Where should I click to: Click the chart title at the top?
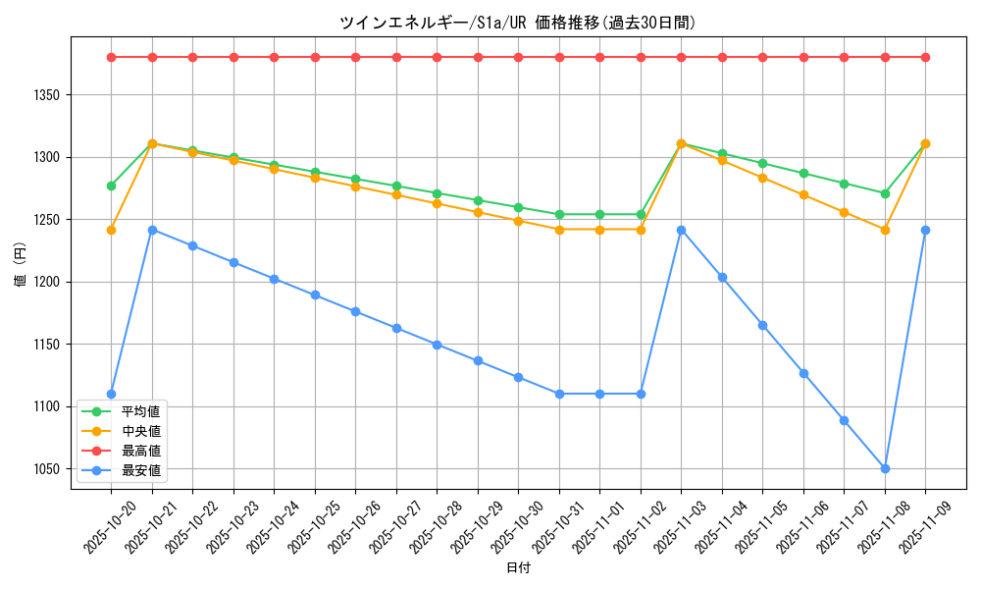pyautogui.click(x=517, y=23)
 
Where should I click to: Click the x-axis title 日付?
pyautogui.click(x=517, y=568)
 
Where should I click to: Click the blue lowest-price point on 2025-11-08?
pyautogui.click(x=885, y=468)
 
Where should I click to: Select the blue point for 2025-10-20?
pyautogui.click(x=111, y=394)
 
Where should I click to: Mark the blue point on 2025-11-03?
pyautogui.click(x=681, y=230)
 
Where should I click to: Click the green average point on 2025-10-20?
pyautogui.click(x=111, y=186)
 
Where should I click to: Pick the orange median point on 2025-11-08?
pyautogui.click(x=885, y=230)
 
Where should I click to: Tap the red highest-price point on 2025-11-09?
pyautogui.click(x=925, y=57)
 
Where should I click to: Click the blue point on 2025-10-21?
pyautogui.click(x=152, y=230)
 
